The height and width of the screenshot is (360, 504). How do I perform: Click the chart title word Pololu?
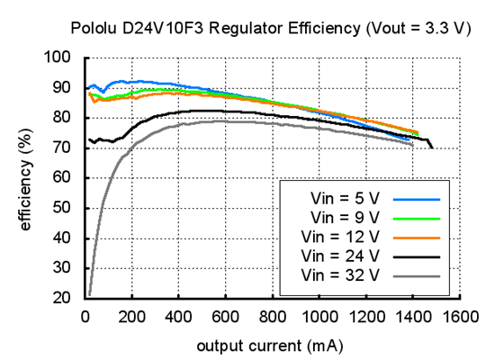click(x=94, y=29)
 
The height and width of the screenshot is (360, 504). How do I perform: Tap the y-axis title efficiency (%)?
click(x=26, y=177)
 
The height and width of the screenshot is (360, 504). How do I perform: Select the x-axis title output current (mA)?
click(x=269, y=345)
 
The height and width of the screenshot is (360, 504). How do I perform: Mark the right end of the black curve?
click(x=432, y=147)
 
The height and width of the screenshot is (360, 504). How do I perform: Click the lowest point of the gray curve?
click(x=89, y=294)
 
